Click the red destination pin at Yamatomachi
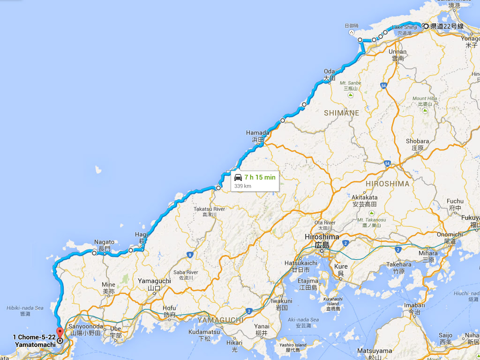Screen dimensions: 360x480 (59, 333)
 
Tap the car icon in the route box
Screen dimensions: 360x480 (238, 178)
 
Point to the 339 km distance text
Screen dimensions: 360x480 (243, 186)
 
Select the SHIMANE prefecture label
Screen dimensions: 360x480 (341, 113)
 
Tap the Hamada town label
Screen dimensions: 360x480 (258, 133)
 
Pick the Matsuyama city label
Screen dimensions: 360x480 (375, 351)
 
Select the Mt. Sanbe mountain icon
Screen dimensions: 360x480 (350, 96)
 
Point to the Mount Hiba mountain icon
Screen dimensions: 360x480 (425, 111)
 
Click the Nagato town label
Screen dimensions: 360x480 (104, 242)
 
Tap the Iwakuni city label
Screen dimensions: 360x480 (281, 301)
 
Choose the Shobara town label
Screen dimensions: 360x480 (417, 141)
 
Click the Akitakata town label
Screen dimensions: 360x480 (365, 197)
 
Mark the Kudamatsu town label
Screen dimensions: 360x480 (204, 332)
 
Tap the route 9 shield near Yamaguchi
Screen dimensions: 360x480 (190, 255)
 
